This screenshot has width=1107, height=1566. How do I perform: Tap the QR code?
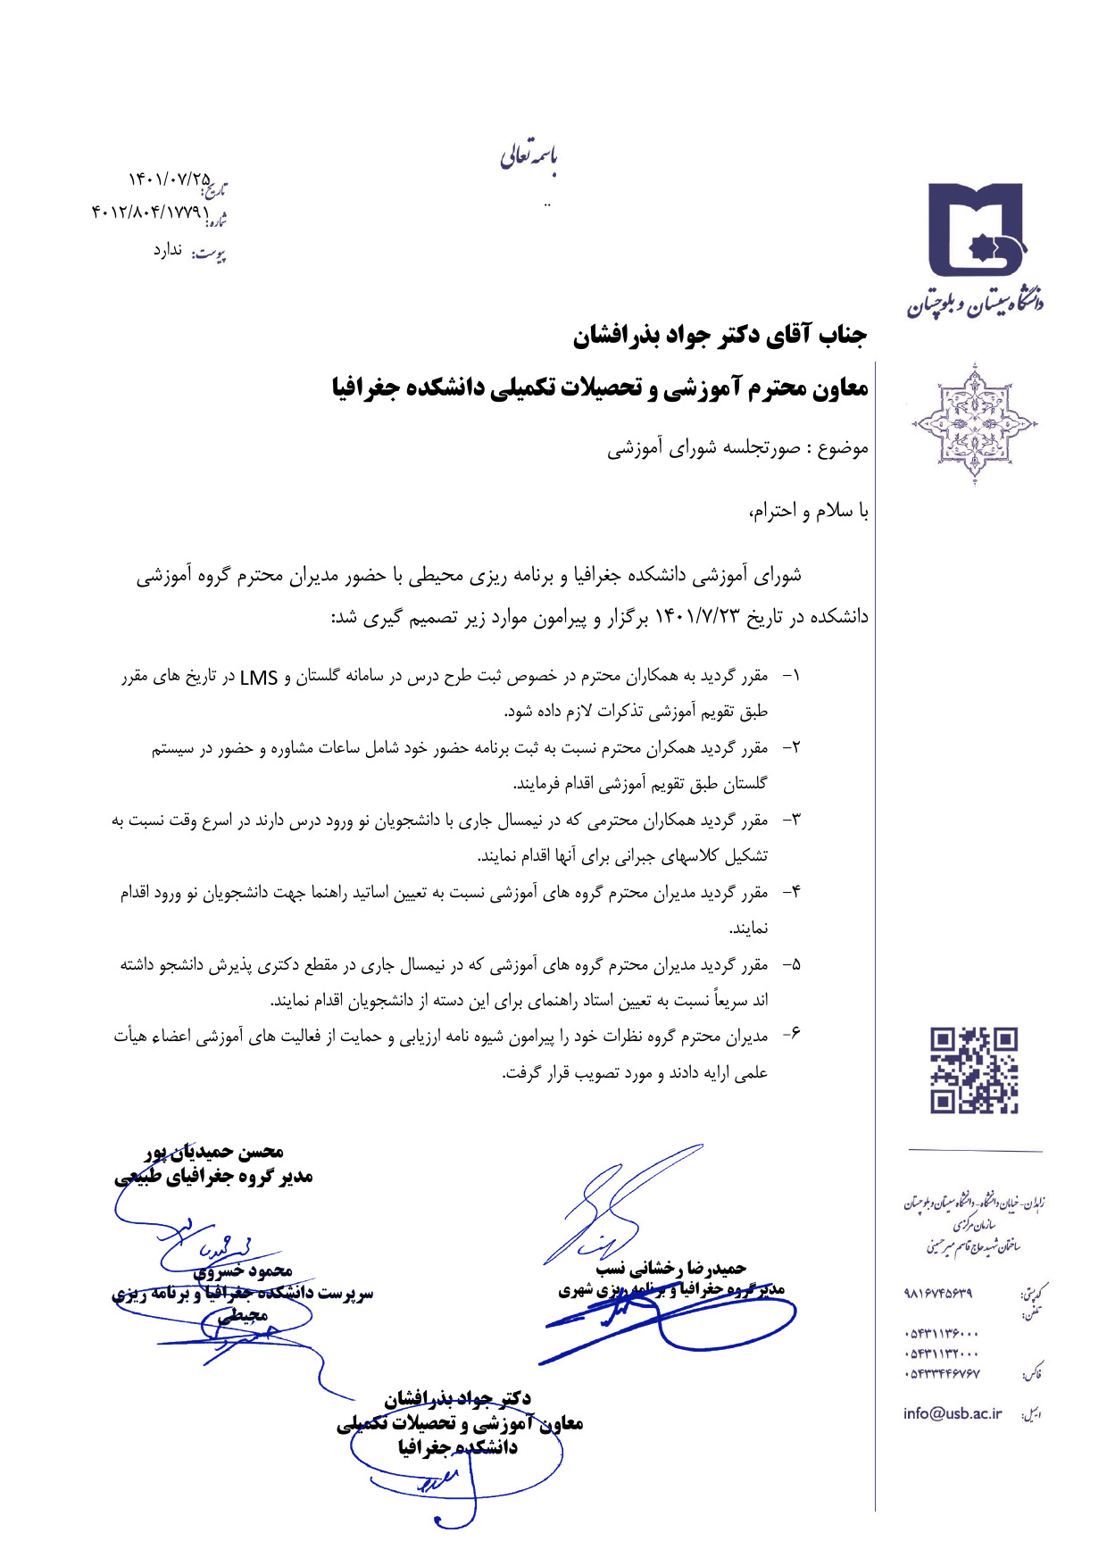(x=974, y=1070)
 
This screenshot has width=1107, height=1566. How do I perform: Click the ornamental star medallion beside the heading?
(x=974, y=423)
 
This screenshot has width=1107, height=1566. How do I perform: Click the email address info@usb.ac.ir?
(x=952, y=1413)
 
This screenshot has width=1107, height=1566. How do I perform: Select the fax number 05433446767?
(x=941, y=1374)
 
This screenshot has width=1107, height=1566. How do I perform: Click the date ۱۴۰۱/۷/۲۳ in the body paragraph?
(x=700, y=616)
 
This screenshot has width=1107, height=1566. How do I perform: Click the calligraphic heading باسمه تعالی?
(x=529, y=157)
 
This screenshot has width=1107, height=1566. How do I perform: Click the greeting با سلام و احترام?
(x=808, y=511)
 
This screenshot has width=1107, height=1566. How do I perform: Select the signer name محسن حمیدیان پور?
(x=215, y=1153)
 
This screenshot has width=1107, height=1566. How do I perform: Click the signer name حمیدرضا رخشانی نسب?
(x=670, y=1268)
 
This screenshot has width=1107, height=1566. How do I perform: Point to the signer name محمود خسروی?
(x=243, y=1270)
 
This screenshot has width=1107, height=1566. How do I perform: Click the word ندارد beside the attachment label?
(x=168, y=250)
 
